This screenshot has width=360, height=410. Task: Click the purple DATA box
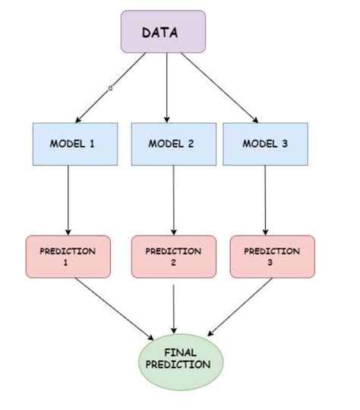[163, 32]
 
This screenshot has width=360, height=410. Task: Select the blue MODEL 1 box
[74, 143]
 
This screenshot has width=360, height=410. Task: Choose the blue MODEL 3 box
[264, 143]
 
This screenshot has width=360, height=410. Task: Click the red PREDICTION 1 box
[68, 257]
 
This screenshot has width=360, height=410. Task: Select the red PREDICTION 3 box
[272, 257]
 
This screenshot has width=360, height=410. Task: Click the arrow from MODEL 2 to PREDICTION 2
[175, 199]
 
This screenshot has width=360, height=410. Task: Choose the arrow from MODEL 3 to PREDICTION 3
[265, 199]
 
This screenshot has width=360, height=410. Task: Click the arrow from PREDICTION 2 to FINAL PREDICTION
[175, 307]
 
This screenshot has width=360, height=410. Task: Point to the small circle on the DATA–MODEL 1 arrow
[110, 89]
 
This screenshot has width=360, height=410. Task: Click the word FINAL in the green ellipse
[181, 352]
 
